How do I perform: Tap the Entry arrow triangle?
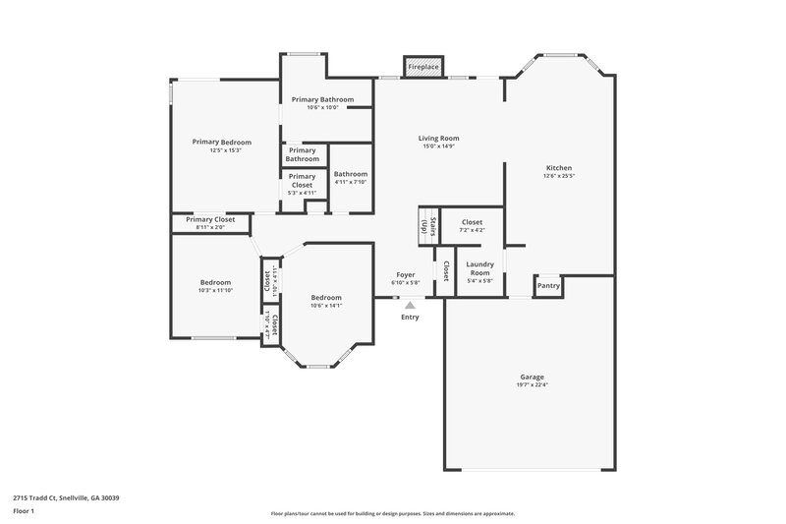(410, 306)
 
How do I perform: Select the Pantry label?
(548, 286)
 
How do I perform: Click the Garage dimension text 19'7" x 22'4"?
(533, 384)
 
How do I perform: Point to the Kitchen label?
(558, 168)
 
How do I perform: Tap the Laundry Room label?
(479, 268)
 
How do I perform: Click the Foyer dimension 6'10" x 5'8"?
(406, 283)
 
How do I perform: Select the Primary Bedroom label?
(222, 143)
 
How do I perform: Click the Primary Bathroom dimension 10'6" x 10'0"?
(322, 107)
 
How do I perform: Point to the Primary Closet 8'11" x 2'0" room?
(210, 223)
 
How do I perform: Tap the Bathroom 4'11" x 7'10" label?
(351, 177)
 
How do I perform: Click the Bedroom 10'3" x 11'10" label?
(215, 286)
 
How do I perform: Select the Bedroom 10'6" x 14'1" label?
(326, 301)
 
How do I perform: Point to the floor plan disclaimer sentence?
(392, 513)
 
